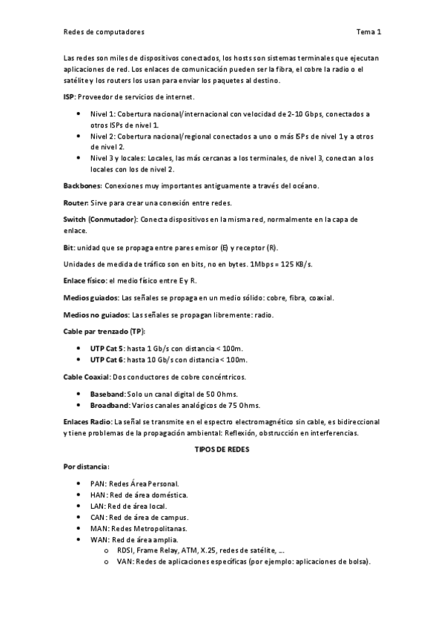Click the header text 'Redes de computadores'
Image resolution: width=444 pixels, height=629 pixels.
coord(103,33)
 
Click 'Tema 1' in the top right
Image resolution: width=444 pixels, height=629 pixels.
coord(368,33)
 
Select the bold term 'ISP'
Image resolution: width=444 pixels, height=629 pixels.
coord(69,97)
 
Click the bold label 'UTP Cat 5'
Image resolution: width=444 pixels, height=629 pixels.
coord(107,348)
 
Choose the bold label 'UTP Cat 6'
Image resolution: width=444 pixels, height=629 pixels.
coord(107,360)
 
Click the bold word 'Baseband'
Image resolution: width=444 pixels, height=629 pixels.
coord(107,393)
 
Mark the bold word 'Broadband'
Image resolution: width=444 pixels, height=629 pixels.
coord(109,405)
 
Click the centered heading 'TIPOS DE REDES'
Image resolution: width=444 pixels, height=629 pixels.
coord(222,449)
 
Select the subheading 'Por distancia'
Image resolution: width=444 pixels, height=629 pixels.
coord(86,467)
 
